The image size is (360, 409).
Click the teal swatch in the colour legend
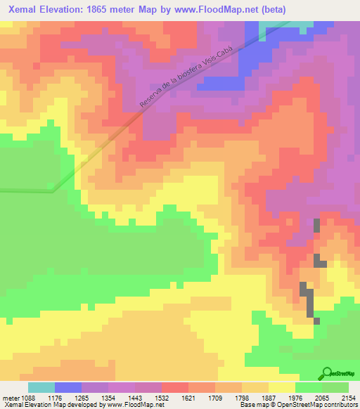click(41, 387)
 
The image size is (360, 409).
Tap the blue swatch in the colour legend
click(68, 387)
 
